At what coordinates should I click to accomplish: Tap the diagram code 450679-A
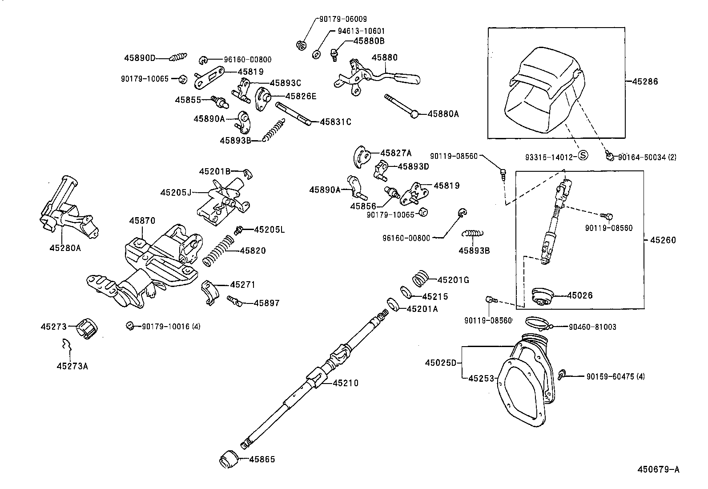[658, 469]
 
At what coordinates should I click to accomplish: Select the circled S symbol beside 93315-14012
[583, 155]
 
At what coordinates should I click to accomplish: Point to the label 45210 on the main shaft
[346, 383]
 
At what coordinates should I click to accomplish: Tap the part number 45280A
[65, 248]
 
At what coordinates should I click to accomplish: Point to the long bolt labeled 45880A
[400, 105]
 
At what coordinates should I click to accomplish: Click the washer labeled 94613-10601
[316, 54]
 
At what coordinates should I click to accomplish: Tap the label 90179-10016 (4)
[171, 326]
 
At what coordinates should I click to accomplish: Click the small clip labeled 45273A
[67, 345]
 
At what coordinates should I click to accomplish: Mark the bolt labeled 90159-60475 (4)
[562, 374]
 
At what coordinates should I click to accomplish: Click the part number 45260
[663, 240]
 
